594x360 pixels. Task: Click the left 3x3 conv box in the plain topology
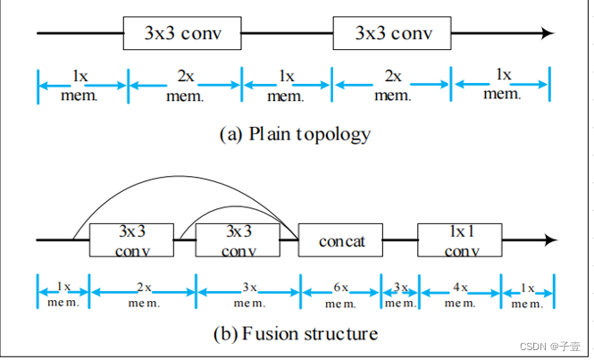tap(182, 34)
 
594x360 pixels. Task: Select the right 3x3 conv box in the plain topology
tap(393, 34)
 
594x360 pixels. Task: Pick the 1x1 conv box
tap(458, 240)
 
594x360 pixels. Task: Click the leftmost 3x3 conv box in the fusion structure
tap(131, 240)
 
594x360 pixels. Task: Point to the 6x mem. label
tap(340, 296)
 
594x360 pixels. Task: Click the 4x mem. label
tap(458, 296)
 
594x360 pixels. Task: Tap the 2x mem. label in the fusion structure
tap(142, 296)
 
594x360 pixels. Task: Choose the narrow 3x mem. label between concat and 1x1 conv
tap(399, 296)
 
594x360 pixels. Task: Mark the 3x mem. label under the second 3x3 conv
tap(247, 296)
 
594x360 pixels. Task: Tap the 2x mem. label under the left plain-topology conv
tap(184, 86)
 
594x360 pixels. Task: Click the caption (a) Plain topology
tap(295, 135)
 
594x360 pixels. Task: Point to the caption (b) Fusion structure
tap(295, 334)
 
